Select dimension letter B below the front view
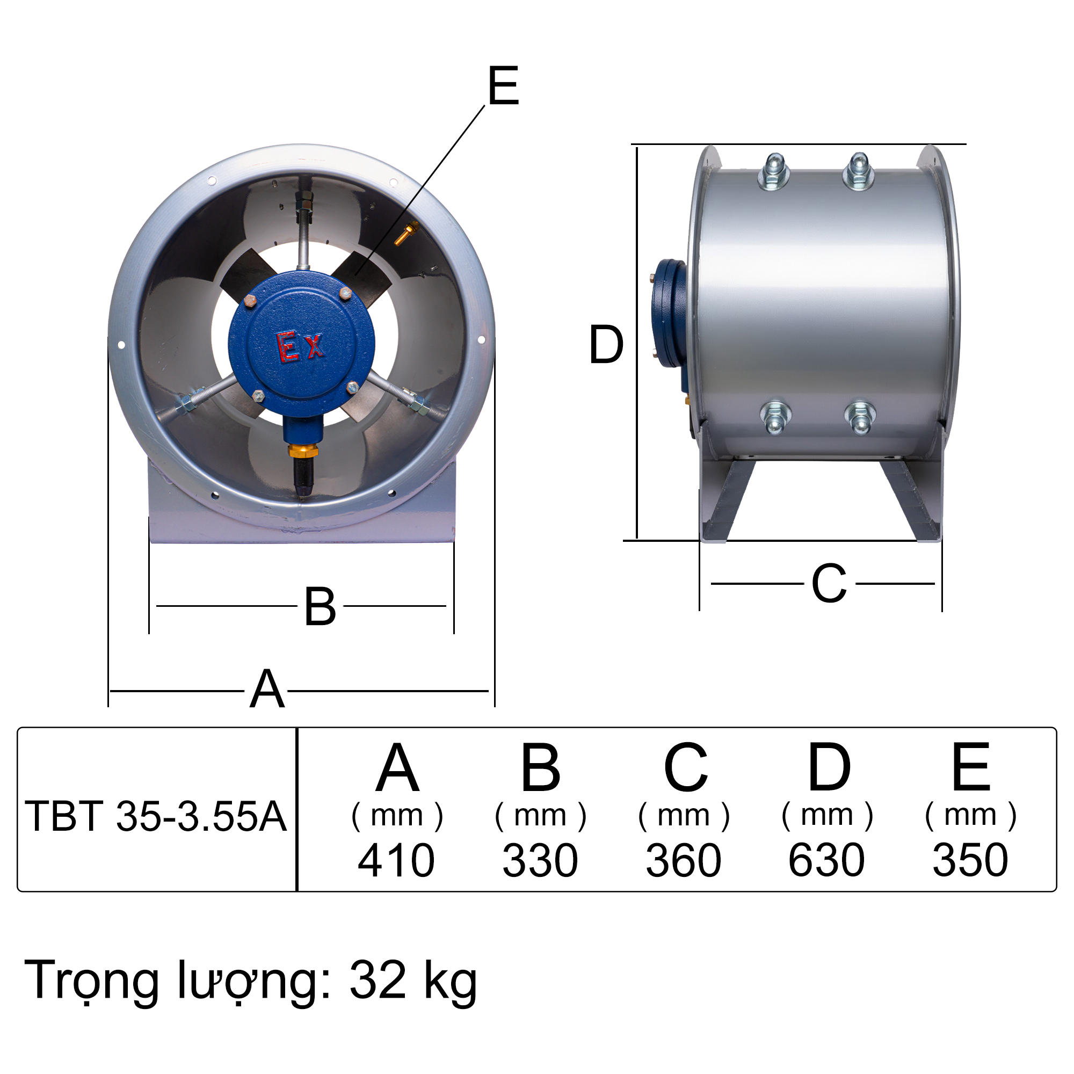tap(320, 606)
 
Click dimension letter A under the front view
tap(267, 690)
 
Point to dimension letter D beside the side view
tap(606, 345)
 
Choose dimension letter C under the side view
tap(828, 584)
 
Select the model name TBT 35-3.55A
tap(156, 817)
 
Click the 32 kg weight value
tap(413, 980)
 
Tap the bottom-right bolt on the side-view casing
tap(860, 417)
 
